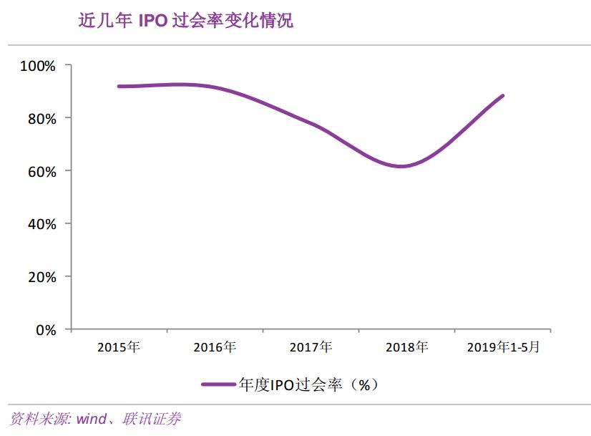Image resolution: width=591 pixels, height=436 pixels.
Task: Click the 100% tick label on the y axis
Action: [x=39, y=66]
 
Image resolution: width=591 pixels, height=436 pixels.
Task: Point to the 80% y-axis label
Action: [x=41, y=118]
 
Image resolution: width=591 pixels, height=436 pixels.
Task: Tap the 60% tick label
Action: [x=41, y=171]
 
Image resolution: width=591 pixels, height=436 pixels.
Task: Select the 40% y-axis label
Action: [x=41, y=224]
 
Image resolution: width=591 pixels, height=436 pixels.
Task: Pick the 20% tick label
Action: [x=41, y=277]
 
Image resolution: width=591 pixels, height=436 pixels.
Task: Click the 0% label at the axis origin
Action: [x=45, y=330]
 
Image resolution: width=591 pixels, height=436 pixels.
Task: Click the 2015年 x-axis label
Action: [x=118, y=348]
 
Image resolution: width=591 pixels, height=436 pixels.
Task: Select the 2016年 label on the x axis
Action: [x=215, y=348]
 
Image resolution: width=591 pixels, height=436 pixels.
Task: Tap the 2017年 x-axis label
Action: [x=311, y=348]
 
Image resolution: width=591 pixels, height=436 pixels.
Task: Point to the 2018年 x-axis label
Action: [x=406, y=348]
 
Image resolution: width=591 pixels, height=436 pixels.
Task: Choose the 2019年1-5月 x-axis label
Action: [x=503, y=348]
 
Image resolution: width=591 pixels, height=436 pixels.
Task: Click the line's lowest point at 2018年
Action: [x=402, y=166]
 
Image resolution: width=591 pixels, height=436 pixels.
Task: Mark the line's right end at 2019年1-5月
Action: [x=503, y=96]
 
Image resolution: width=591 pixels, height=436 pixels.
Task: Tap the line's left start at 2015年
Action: [x=119, y=86]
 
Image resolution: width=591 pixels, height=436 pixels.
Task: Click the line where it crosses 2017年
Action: [x=311, y=125]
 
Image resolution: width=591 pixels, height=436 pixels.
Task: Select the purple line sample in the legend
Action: [x=218, y=384]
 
